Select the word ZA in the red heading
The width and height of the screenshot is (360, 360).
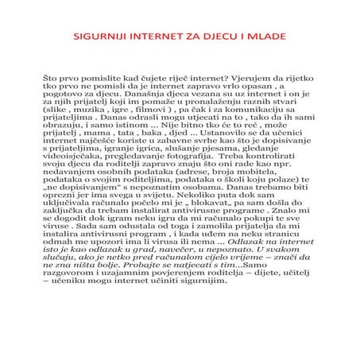[202, 37]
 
